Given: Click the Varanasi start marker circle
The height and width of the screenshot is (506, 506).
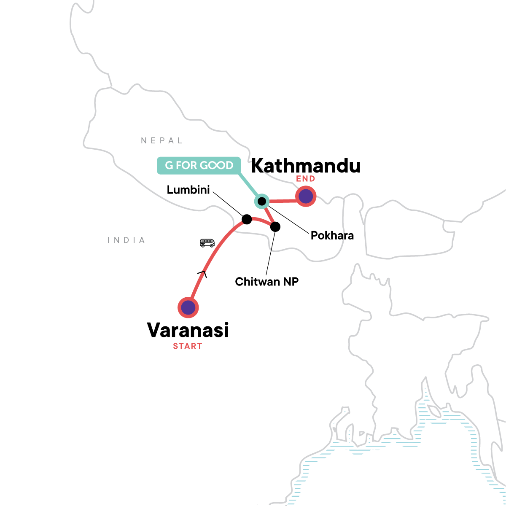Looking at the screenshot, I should pyautogui.click(x=188, y=307).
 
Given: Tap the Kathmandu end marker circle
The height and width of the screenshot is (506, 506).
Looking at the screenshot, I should pyautogui.click(x=306, y=196).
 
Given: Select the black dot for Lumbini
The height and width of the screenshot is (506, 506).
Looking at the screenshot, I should pyautogui.click(x=247, y=219).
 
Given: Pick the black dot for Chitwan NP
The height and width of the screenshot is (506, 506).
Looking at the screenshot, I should pyautogui.click(x=275, y=227).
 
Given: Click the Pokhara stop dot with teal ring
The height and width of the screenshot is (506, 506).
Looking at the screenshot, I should pyautogui.click(x=261, y=201).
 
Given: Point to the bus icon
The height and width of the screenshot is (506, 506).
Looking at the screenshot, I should pyautogui.click(x=207, y=243).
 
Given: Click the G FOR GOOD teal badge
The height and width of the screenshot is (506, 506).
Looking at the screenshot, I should pyautogui.click(x=199, y=165).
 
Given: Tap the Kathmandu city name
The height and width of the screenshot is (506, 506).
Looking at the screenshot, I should pyautogui.click(x=306, y=166).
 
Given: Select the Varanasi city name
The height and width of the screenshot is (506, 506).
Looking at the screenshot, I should pyautogui.click(x=188, y=330).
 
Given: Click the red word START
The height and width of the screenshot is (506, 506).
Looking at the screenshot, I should pyautogui.click(x=188, y=346).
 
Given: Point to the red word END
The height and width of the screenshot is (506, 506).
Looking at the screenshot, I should pyautogui.click(x=305, y=179).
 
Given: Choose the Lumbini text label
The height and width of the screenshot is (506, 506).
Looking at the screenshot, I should pyautogui.click(x=188, y=190).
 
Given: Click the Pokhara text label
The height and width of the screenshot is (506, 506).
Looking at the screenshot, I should pyautogui.click(x=332, y=235).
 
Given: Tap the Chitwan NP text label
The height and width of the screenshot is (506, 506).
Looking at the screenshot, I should pyautogui.click(x=266, y=281).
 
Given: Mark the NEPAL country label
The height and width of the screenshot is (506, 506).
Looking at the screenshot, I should pyautogui.click(x=161, y=140).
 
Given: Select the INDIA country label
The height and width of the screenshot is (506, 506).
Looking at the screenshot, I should pyautogui.click(x=126, y=240).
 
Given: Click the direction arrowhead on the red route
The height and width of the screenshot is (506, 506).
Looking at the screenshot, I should pyautogui.click(x=202, y=273).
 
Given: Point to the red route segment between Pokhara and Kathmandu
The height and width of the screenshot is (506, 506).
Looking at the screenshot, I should pyautogui.click(x=283, y=201).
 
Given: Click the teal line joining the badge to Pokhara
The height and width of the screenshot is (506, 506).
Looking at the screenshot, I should pyautogui.click(x=249, y=184).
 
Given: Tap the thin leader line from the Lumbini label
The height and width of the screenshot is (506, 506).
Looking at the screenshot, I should pyautogui.click(x=228, y=204).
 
